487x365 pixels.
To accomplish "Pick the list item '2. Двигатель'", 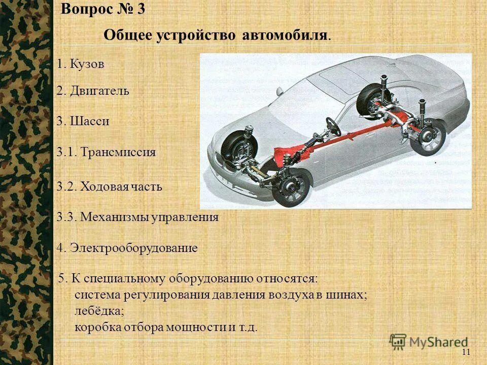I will click(93, 91).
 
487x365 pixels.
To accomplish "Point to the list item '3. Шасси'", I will click(83, 122).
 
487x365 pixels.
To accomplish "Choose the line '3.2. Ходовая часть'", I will click(110, 187).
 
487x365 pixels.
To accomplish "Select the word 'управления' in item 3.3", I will click(187, 217).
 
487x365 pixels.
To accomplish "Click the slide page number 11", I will click(467, 352).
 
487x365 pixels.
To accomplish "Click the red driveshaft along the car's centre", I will click(325, 140).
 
